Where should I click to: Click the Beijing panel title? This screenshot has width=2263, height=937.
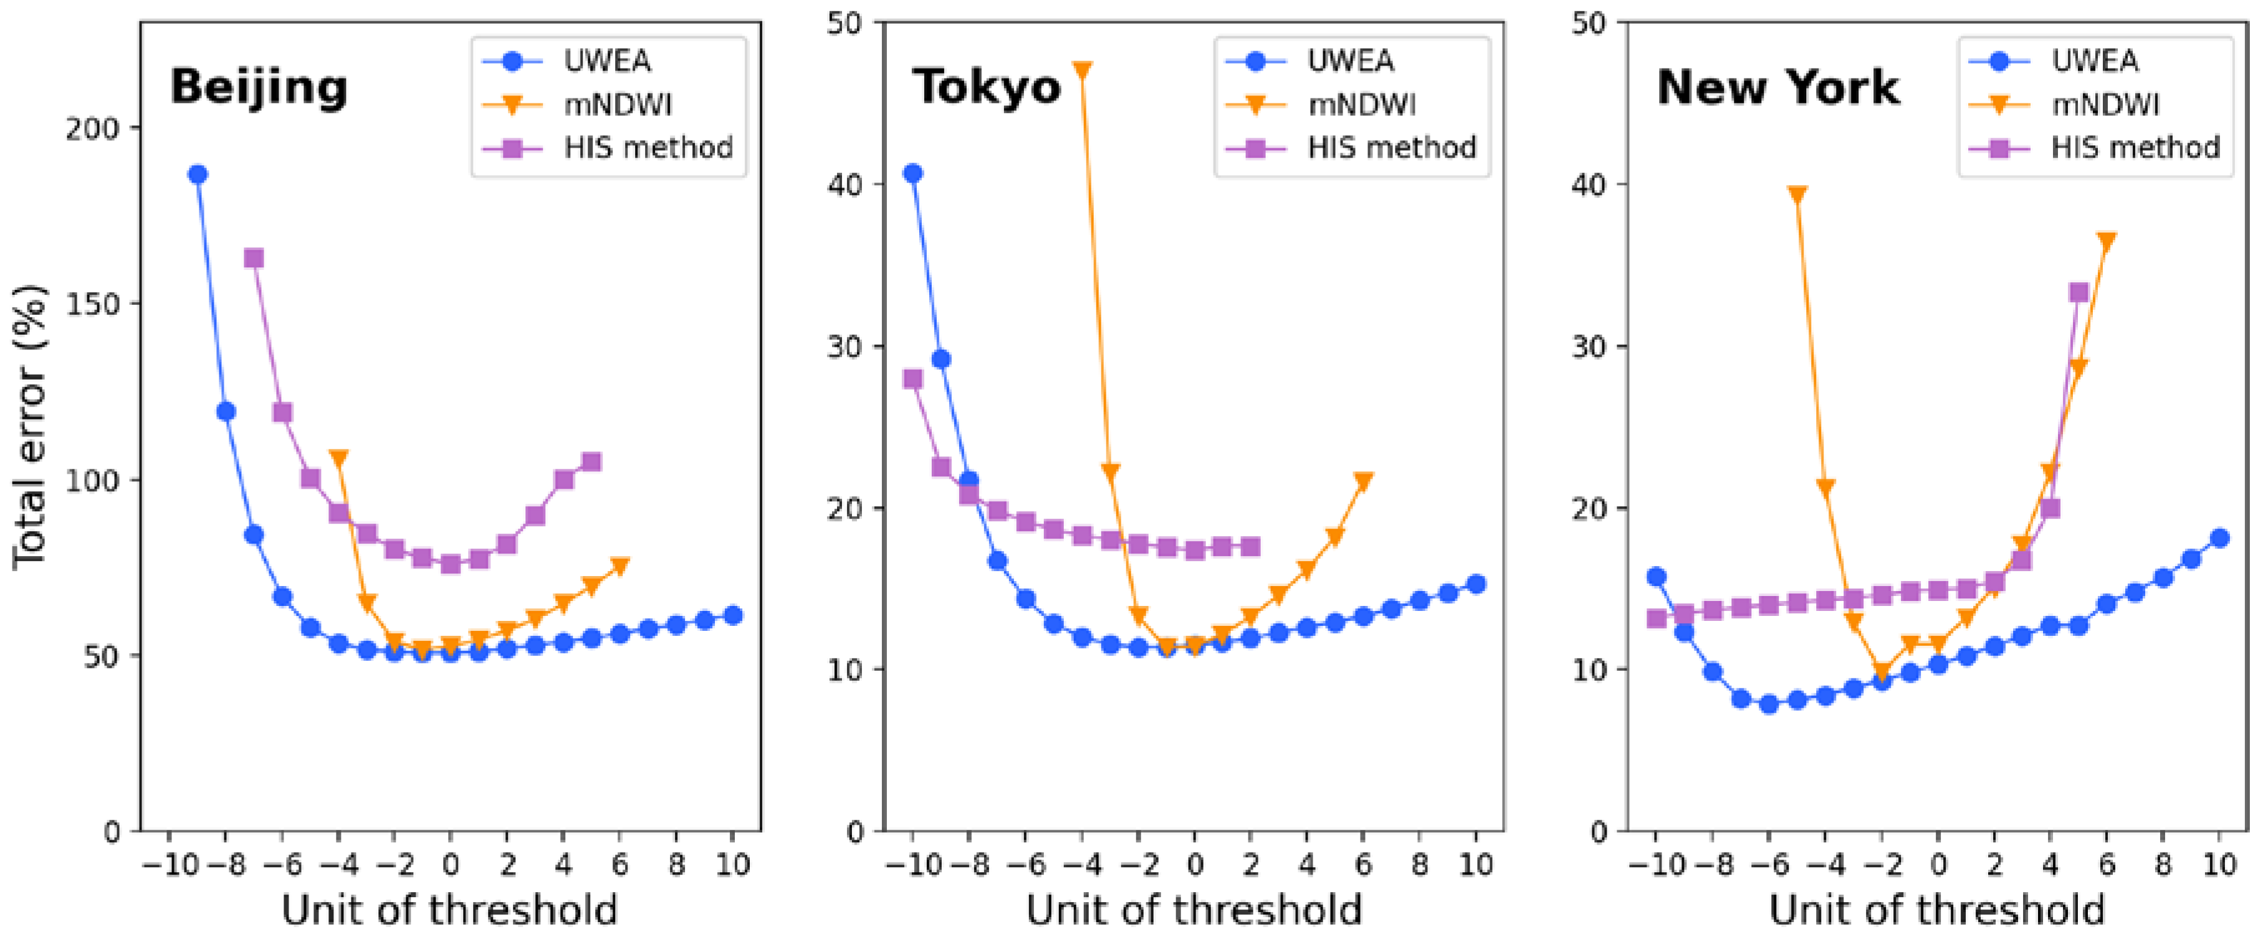coord(258,88)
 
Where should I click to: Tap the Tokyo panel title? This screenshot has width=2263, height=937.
coord(987,88)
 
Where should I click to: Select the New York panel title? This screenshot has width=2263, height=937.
coord(1777,88)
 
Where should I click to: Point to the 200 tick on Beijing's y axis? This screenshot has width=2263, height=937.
coord(92,129)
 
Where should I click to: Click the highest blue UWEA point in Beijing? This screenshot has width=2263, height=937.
coord(198,174)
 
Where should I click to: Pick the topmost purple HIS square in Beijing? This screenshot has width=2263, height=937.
coord(254,257)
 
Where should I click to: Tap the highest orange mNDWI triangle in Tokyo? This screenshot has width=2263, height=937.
coord(1083,70)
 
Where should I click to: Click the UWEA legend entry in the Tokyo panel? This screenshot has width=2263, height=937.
coord(1350,60)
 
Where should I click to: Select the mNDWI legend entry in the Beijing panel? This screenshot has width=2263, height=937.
coord(618,105)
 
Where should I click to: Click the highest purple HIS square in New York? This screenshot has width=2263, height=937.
coord(2079,292)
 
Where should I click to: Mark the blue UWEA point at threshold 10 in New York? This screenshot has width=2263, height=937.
coord(2219,538)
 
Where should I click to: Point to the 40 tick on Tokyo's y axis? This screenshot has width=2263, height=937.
coord(843,185)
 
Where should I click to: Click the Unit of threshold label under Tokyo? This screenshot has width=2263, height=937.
coord(1194,910)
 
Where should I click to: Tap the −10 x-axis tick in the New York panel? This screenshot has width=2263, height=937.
coord(1656,865)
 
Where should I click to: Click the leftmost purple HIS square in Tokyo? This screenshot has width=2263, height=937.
coord(913,379)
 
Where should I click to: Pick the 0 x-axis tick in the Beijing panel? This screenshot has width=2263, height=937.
coord(451,865)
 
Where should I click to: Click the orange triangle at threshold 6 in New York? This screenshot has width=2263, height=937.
coord(2107,241)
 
